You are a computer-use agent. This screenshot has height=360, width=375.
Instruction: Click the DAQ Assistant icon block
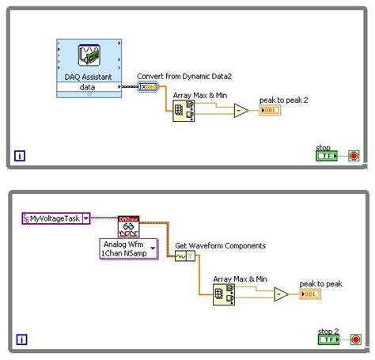click(88, 57)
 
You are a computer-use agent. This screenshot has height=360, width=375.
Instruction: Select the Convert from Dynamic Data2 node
click(147, 86)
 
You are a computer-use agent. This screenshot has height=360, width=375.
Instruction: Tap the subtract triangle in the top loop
click(240, 111)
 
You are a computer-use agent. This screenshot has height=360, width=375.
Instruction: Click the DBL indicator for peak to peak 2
click(269, 110)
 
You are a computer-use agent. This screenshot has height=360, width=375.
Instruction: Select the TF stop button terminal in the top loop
click(325, 155)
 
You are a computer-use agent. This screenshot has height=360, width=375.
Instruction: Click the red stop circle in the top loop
click(353, 155)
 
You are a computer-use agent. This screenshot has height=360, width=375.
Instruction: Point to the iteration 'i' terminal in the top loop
click(20, 157)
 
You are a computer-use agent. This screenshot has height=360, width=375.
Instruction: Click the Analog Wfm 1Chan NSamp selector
click(127, 249)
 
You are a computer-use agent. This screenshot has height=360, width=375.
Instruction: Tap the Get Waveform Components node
click(184, 256)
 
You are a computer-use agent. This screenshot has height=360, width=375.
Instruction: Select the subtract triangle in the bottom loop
click(280, 294)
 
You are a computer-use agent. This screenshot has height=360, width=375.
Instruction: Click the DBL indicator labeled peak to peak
click(309, 294)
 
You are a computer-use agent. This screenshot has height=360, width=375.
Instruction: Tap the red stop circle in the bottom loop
click(353, 339)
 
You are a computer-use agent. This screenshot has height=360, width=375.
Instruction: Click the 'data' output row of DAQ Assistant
click(88, 86)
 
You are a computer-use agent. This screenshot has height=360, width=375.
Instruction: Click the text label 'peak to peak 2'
click(284, 100)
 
